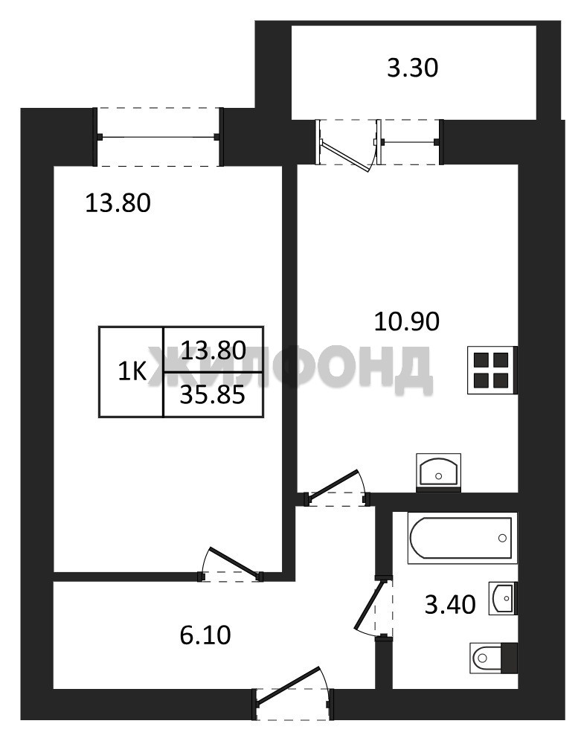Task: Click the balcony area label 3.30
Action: coord(412,68)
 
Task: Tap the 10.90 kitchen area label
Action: coord(406,321)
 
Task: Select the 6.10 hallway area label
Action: coord(205,635)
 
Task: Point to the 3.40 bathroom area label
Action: coord(449,605)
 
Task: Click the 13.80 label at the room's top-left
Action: coord(118,203)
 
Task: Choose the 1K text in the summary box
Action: coord(132,373)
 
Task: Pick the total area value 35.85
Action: coord(213,394)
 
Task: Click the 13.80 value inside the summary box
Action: coord(214,350)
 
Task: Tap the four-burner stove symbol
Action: coord(492,370)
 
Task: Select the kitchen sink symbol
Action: coord(438,471)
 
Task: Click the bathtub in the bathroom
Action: coord(462,538)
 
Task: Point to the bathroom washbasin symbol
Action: coord(503,598)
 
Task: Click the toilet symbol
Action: coord(493,658)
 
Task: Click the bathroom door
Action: coord(375,606)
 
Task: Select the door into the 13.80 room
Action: coord(231,565)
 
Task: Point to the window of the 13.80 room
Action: coord(159,137)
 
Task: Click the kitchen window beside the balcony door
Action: coord(410,141)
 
